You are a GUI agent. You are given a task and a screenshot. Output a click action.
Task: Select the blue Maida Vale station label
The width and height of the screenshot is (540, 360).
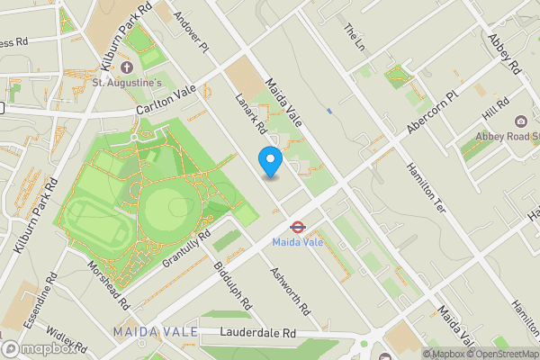(297, 243)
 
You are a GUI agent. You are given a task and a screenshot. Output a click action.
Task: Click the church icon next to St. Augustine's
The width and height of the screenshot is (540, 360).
(126, 67)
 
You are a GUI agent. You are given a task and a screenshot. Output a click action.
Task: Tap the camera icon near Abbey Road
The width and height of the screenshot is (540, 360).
(520, 121)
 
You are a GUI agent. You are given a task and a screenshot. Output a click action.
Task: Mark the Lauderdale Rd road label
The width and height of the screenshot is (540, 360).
(258, 333)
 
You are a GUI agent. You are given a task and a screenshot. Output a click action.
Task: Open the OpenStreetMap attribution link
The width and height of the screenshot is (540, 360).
(503, 354)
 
